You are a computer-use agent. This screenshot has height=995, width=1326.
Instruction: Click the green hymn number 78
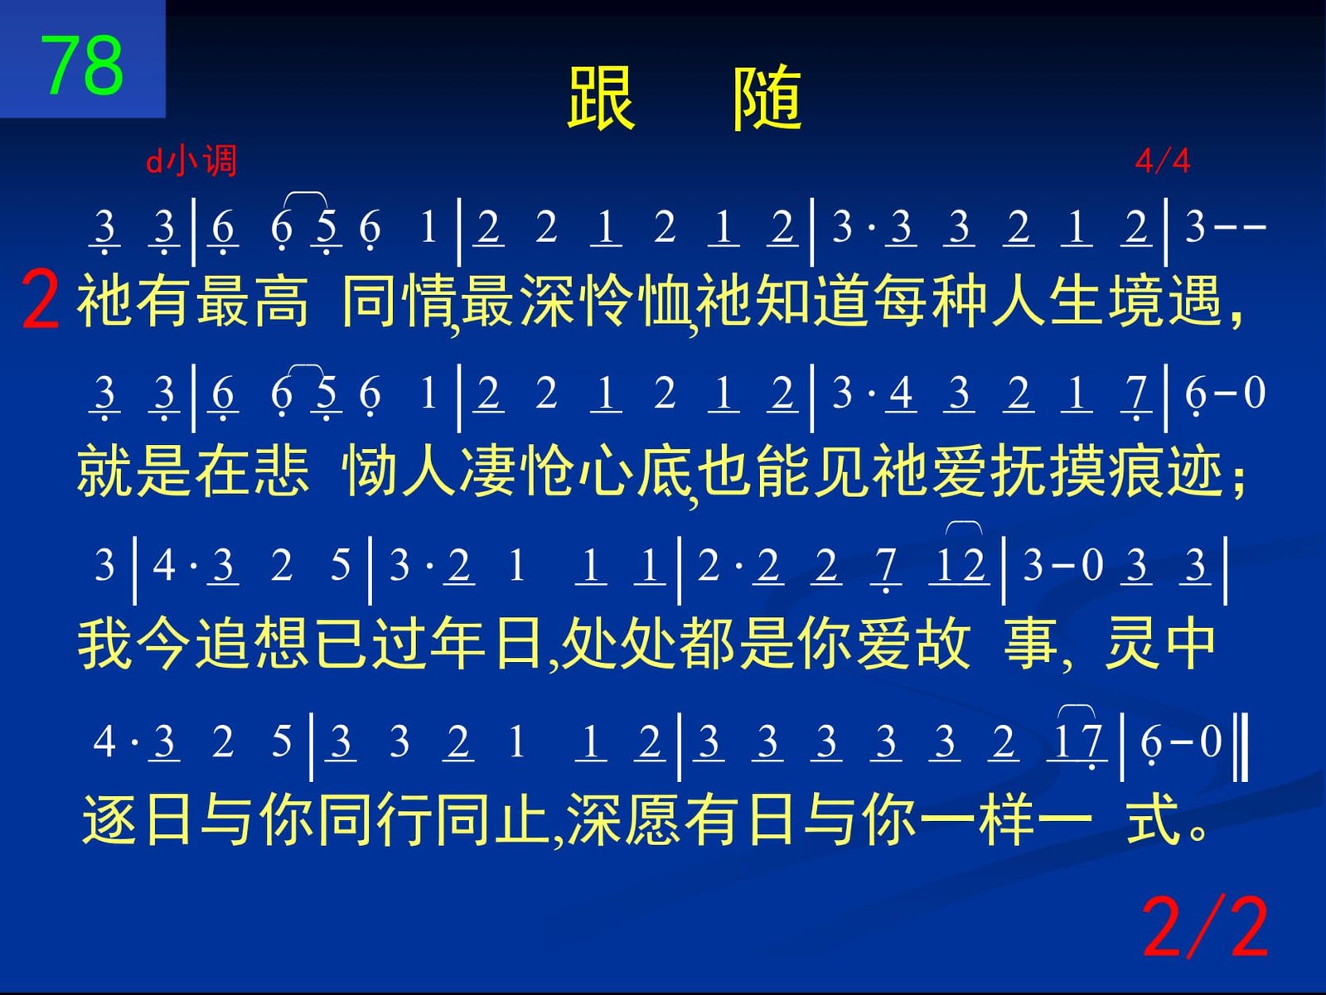[x=81, y=65]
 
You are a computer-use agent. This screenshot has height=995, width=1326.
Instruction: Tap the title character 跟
[x=601, y=98]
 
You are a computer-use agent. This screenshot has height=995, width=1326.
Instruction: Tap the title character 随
[x=767, y=98]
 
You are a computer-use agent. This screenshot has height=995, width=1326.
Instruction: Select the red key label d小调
[x=191, y=161]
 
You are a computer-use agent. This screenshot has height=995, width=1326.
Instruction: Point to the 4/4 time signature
[x=1162, y=162]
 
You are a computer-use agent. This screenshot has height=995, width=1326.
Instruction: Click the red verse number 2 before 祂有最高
[x=40, y=300]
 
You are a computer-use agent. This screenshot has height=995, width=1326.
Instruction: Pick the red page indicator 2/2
[x=1204, y=927]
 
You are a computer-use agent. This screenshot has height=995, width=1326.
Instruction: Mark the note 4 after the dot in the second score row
[x=901, y=393]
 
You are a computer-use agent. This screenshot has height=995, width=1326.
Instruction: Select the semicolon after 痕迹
[x=1238, y=482]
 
